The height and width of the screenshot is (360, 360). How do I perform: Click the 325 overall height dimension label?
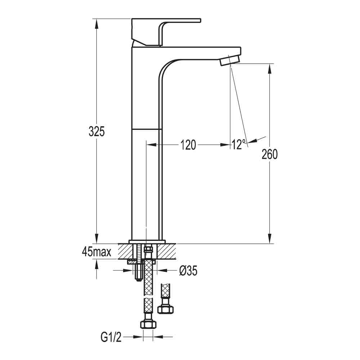point(96,132)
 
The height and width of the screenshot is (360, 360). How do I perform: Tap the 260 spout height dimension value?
point(270,154)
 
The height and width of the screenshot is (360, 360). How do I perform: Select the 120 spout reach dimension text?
point(188,145)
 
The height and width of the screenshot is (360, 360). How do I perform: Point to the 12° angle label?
point(239,145)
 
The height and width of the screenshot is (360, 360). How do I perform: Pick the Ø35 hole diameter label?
point(188,271)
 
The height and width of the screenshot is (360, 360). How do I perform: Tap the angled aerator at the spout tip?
point(229,60)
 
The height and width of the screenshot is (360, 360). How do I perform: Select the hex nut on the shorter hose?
point(166,309)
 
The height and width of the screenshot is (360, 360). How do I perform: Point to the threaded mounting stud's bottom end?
point(138,279)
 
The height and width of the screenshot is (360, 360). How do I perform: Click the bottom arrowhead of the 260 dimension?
point(270,239)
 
